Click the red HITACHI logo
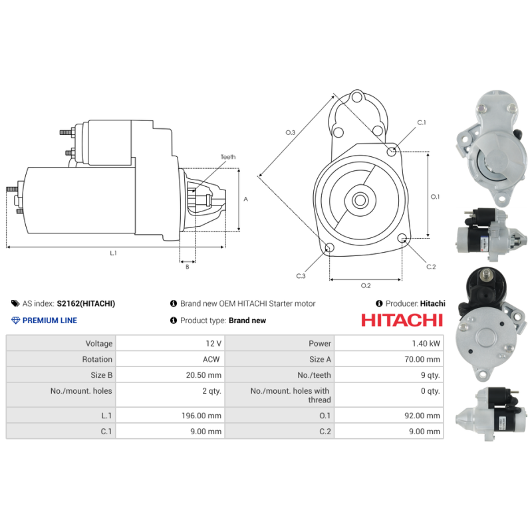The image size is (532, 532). (x=402, y=320)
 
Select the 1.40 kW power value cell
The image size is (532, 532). (x=426, y=344)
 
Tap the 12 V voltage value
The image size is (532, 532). (x=213, y=344)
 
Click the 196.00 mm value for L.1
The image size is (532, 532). (x=204, y=416)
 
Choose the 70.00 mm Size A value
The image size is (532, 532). (x=424, y=359)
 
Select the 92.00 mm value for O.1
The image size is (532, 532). (x=424, y=416)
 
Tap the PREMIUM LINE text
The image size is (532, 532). (x=50, y=321)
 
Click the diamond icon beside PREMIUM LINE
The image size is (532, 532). (x=16, y=321)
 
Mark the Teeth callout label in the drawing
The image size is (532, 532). (x=228, y=157)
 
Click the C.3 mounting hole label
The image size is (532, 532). (x=301, y=275)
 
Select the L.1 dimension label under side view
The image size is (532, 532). (x=113, y=253)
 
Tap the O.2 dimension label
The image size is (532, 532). (x=365, y=285)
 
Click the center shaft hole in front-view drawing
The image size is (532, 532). (x=360, y=199)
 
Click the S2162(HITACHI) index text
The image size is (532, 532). (x=86, y=303)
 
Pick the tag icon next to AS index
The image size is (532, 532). (x=15, y=303)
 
